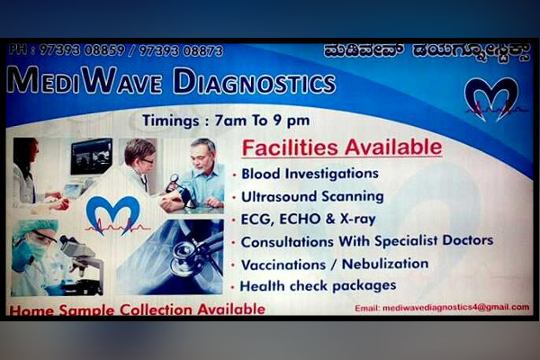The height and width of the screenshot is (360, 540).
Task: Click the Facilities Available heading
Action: click(x=342, y=148)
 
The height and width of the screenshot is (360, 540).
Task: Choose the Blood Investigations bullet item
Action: click(x=310, y=173)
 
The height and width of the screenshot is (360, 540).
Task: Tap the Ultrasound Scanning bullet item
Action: click(x=312, y=195)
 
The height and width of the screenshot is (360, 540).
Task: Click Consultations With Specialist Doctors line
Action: click(x=366, y=240)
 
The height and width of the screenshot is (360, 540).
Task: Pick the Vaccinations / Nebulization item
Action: click(x=334, y=264)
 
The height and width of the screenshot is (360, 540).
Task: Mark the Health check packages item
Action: click(x=318, y=286)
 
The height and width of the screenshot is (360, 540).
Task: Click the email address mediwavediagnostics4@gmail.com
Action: click(x=441, y=307)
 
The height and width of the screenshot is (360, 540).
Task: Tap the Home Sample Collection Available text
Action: click(x=137, y=309)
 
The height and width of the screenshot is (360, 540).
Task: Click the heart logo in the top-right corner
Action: click(x=491, y=98)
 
